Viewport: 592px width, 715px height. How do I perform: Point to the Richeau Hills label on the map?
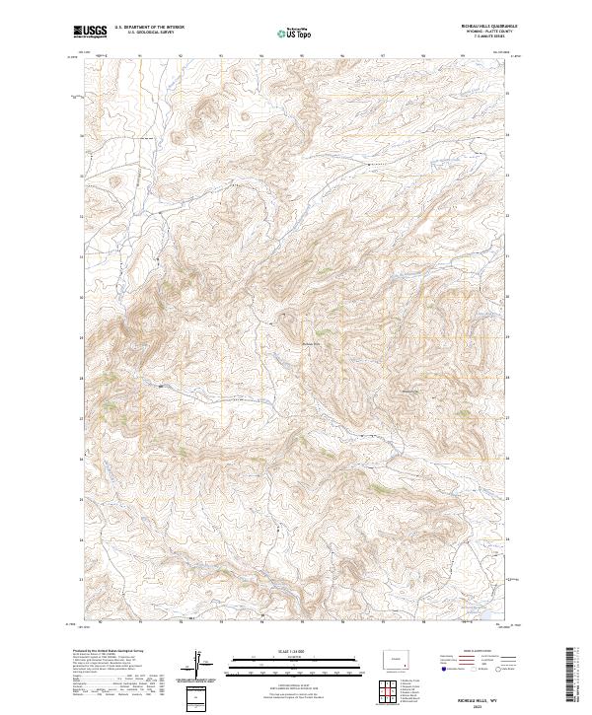[x=312, y=342]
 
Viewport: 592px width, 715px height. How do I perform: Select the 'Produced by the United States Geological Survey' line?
[x=104, y=651]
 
